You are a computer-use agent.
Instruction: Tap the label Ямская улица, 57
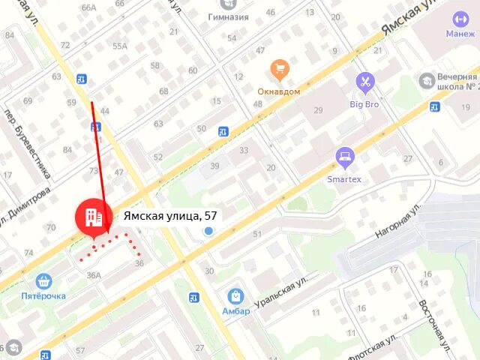tap(170, 216)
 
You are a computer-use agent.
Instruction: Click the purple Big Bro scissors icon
tap(364, 81)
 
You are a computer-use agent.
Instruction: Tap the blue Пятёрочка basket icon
tap(43, 281)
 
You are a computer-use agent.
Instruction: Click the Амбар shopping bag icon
tap(235, 295)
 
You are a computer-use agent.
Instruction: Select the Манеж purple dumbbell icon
tap(460, 19)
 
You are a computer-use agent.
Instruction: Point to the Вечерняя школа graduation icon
tap(427, 79)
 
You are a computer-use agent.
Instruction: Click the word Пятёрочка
tap(43, 296)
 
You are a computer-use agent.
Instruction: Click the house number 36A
tap(94, 275)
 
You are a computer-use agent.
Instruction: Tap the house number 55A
tap(120, 46)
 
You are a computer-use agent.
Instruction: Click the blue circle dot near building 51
tap(209, 232)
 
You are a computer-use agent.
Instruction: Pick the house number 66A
tap(89, 7)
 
